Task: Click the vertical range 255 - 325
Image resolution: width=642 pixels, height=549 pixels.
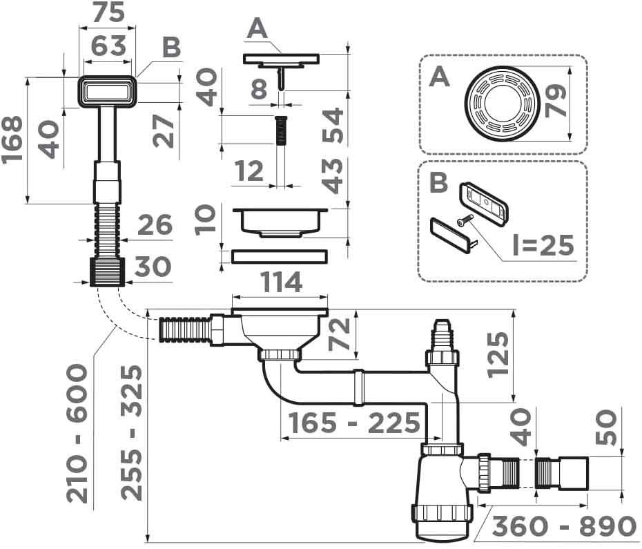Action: pos(131,432)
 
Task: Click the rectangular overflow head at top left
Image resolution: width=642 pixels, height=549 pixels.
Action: pos(107,90)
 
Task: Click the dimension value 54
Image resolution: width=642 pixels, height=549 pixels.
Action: pos(333,125)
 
